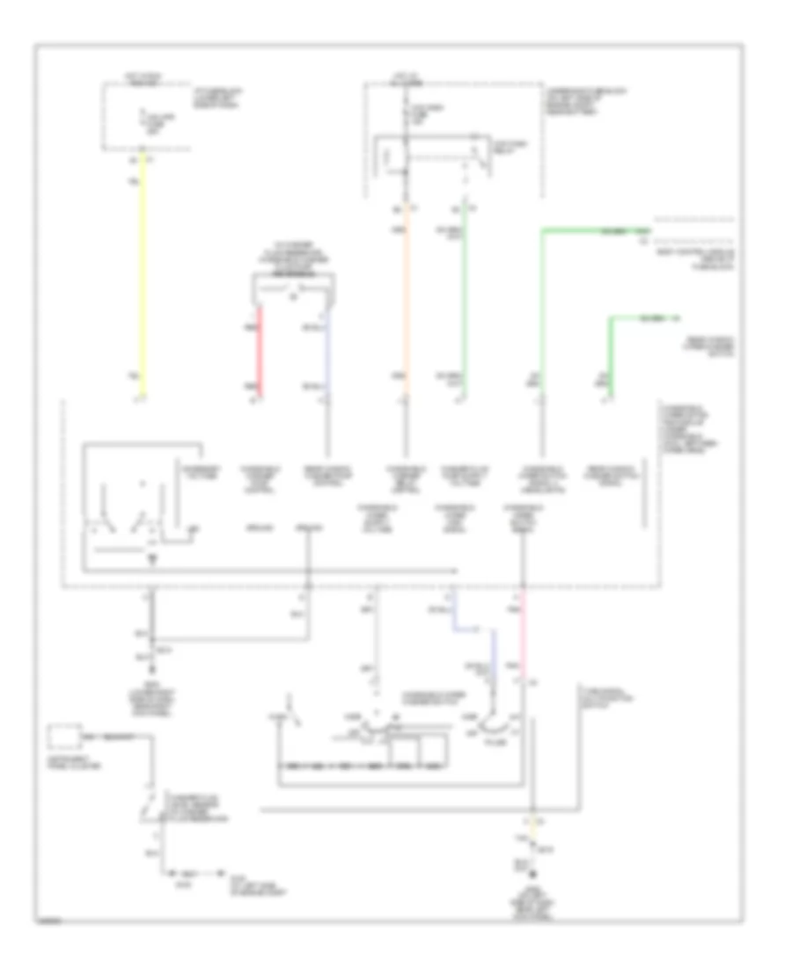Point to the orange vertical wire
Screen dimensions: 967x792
406,308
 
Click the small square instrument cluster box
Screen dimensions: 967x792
62,735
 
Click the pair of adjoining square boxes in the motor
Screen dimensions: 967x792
419,752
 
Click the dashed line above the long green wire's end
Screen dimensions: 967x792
695,217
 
